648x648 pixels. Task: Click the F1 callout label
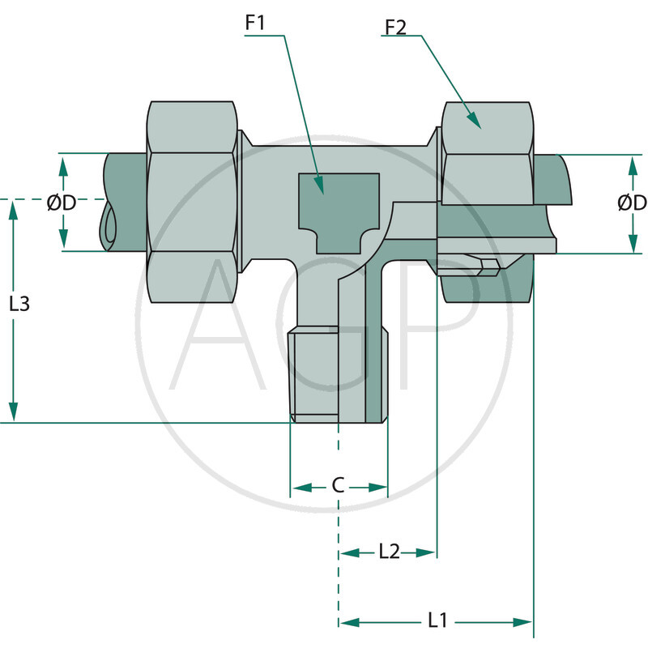click(256, 23)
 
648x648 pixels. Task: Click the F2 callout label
click(394, 28)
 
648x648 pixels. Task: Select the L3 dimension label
click(19, 305)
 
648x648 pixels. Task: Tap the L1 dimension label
click(437, 621)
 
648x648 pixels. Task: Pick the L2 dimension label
click(390, 552)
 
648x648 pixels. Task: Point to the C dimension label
click(339, 486)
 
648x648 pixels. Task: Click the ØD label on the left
click(62, 203)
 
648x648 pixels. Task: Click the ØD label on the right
click(631, 203)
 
